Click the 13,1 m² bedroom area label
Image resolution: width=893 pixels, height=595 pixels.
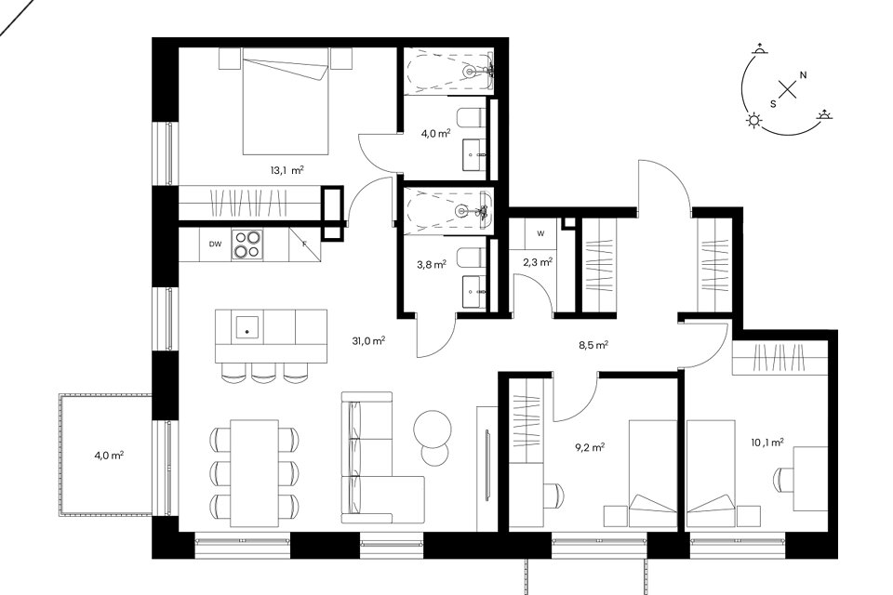[x=287, y=169]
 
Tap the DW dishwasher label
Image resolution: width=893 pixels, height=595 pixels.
[x=215, y=245]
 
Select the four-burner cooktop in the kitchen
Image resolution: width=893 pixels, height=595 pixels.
[x=247, y=245]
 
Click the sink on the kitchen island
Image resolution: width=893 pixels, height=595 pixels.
[x=247, y=327]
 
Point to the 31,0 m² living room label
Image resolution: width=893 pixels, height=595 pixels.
[x=368, y=341]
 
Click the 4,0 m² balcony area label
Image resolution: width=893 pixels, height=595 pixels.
[x=110, y=455]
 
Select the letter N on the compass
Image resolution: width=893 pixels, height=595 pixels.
[x=803, y=75]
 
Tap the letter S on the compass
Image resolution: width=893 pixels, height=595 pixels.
[x=773, y=104]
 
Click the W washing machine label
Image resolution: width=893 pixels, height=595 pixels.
[x=540, y=233]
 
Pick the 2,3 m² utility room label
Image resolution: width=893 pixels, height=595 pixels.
[x=538, y=262]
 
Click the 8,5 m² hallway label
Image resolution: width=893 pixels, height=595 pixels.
[x=593, y=345]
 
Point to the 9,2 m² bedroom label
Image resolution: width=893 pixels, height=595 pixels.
[x=590, y=447]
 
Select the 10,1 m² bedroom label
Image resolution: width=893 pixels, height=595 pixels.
[x=767, y=442]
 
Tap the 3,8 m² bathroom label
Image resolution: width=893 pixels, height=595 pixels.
[x=431, y=264]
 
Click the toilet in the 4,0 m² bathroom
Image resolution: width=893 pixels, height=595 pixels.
[x=471, y=118]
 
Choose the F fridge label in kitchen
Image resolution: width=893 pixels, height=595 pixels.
[x=305, y=244]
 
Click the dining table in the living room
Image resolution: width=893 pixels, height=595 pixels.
[x=255, y=473]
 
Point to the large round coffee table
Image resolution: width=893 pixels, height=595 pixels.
[x=433, y=429]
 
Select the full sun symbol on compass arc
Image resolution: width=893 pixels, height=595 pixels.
[x=754, y=120]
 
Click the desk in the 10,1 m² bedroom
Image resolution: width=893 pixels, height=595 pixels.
[x=810, y=479]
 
